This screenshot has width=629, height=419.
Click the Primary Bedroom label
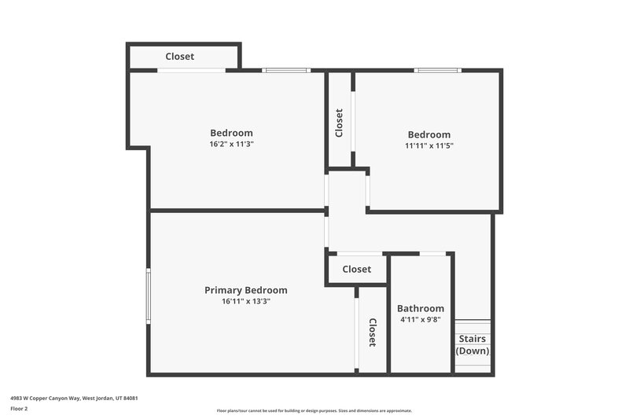coord(245,290)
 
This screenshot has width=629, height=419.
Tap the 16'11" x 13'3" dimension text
coord(245,301)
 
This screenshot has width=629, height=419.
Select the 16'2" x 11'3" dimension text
coord(231,145)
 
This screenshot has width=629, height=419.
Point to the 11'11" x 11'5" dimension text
coord(429,145)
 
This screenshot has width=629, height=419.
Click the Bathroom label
coord(420,308)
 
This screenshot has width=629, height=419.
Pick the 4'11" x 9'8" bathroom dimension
coord(420,320)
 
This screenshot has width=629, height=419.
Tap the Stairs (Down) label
coord(473,344)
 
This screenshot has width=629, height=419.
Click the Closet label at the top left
coord(179,57)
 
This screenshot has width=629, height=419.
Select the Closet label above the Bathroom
coord(356,269)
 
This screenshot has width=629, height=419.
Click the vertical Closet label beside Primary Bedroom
coord(372,333)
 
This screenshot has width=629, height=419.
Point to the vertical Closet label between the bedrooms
coord(339,123)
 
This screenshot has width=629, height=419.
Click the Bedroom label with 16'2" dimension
coord(231,133)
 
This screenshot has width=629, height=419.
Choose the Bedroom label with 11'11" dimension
coord(429,134)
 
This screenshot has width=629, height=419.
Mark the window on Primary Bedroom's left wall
coord(148,295)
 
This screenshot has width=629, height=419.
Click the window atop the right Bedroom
coord(437,71)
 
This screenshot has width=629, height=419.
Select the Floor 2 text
coord(19,409)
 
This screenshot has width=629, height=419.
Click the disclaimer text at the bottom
coord(314,410)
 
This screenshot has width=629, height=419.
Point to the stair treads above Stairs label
coord(473,326)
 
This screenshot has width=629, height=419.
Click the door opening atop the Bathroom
coord(431,253)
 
